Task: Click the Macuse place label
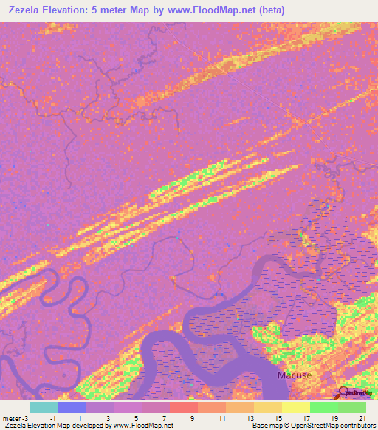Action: pos(294,375)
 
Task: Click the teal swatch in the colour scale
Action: pos(43,407)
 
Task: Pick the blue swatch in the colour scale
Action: pos(72,407)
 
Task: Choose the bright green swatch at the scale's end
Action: pos(351,407)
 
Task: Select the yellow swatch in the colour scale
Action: pos(295,407)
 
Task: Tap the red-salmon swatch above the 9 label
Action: pos(183,407)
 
